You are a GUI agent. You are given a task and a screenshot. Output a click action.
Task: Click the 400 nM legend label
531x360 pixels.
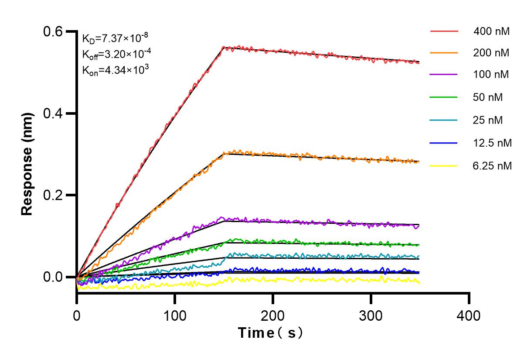[x=491, y=31]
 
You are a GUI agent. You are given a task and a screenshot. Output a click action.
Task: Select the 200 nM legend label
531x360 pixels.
[x=491, y=53]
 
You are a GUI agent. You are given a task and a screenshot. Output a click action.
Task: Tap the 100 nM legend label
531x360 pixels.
[x=491, y=75]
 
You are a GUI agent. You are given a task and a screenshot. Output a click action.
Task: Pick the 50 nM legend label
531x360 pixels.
[x=488, y=97]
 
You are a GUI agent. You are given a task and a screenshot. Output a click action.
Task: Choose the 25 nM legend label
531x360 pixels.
[x=488, y=120]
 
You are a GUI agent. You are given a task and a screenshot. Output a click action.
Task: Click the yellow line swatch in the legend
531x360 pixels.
[x=444, y=166]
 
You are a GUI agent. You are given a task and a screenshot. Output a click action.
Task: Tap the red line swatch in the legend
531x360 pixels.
[x=444, y=31]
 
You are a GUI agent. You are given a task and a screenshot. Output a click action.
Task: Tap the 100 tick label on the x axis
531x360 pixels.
[x=175, y=315]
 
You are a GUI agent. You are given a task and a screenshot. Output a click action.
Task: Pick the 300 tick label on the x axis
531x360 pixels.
[x=371, y=315]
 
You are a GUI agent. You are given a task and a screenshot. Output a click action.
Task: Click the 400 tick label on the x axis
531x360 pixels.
[x=469, y=315]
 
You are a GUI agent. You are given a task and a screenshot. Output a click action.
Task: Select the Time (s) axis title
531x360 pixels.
[x=271, y=333]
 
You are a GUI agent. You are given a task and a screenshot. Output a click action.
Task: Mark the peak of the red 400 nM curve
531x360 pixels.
[x=223, y=47]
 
